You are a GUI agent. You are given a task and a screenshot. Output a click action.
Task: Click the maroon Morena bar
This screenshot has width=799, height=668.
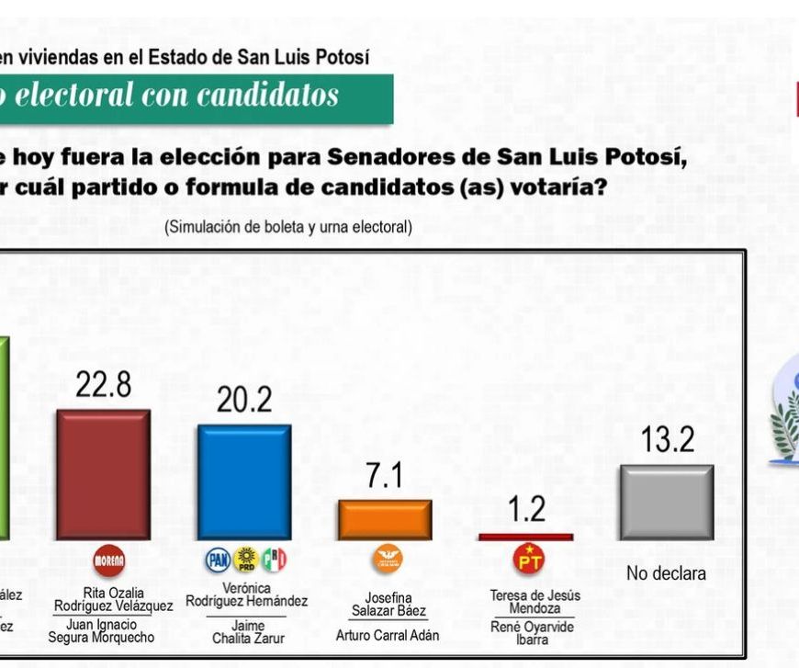tap(104, 474)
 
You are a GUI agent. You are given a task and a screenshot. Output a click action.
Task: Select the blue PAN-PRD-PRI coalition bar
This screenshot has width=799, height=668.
tap(244, 481)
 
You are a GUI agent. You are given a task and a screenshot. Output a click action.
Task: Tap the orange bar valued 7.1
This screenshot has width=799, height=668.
tap(385, 519)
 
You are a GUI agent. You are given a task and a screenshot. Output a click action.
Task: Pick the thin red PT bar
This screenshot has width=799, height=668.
tap(525, 537)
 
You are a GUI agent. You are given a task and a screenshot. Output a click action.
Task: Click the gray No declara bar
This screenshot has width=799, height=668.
tap(666, 502)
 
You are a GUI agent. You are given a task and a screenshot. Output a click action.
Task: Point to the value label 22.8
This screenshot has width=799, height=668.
tap(103, 385)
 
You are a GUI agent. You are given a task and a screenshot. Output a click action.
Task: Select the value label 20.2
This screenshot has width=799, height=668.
tap(244, 400)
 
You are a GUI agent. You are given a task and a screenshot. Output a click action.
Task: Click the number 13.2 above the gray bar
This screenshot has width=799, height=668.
tap(667, 441)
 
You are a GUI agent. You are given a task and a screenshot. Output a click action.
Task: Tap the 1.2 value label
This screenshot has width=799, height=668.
tap(526, 509)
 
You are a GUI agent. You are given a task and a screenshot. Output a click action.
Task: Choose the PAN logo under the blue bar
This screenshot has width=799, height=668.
tap(218, 559)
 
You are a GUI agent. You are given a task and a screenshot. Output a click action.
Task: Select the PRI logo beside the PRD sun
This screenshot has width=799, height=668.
tap(274, 559)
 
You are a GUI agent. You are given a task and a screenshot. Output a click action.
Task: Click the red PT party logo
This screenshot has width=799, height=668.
tap(529, 558)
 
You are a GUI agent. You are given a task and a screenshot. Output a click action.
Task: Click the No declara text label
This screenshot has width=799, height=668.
tap(667, 574)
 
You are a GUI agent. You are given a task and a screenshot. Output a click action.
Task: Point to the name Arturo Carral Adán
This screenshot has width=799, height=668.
tap(388, 635)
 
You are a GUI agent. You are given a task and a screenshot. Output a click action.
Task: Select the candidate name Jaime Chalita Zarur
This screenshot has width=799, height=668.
tap(246, 631)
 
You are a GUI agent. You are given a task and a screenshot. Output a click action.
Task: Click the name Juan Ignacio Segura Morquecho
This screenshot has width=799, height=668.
tap(105, 631)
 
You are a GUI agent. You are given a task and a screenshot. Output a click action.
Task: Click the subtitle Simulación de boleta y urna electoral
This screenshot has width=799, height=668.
tap(288, 227)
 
